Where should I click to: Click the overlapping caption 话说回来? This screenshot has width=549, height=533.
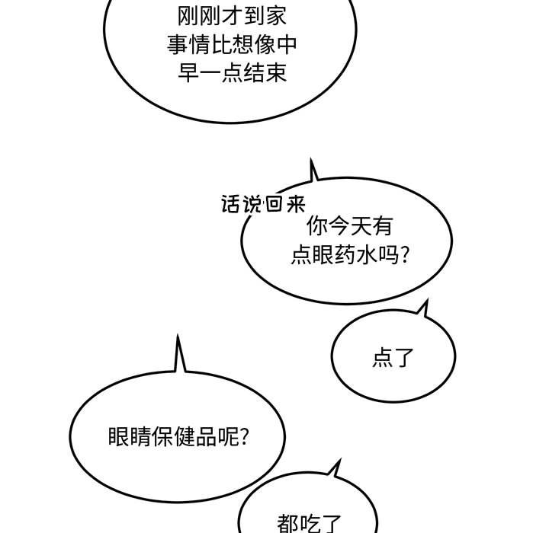(x=263, y=205)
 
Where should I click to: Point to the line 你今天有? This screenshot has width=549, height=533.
(x=349, y=226)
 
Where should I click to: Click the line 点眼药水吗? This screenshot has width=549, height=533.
(x=350, y=255)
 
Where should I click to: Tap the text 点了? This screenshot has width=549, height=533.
(x=393, y=358)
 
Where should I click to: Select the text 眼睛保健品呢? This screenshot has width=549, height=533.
(x=178, y=438)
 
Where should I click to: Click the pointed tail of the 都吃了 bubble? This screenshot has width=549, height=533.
(x=335, y=465)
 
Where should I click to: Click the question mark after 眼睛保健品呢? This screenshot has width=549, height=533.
(x=243, y=438)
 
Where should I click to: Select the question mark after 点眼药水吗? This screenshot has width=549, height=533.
(x=405, y=255)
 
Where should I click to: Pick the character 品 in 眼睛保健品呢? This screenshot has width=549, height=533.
(x=207, y=438)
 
